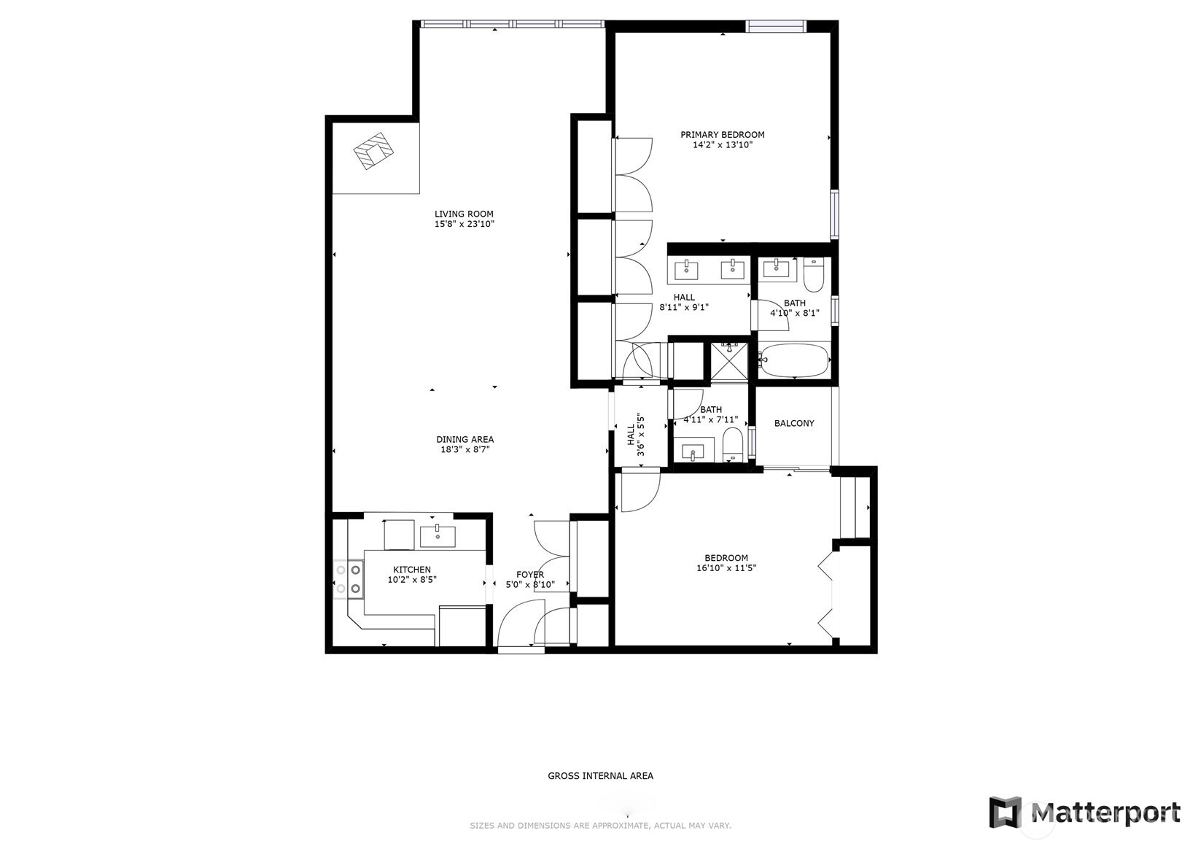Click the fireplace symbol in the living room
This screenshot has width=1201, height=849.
pos(373,151)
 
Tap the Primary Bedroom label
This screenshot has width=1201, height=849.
pos(722,135)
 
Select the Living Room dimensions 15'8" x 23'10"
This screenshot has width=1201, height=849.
pos(465,224)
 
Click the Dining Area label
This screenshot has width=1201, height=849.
pos(465,439)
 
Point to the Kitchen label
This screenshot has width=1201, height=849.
pos(412,569)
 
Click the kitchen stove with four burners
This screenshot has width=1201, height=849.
pos(348,578)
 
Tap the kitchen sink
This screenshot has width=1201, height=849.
pos(438,536)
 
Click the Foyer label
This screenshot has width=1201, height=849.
pos(529,575)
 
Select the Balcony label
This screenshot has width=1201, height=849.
pos(794,423)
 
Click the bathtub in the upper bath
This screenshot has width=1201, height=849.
pos(795,360)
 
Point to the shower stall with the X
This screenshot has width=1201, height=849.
pos(729,362)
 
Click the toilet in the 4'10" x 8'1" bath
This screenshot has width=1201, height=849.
pos(813,274)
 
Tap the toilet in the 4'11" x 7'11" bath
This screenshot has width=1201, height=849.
pos(732,445)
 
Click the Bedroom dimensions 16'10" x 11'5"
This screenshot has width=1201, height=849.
pos(726,568)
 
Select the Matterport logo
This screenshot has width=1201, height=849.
pos(1084,812)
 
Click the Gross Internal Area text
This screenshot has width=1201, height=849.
pos(601,775)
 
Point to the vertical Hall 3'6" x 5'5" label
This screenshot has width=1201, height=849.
pos(635,435)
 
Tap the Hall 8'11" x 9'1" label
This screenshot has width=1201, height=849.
pos(683,302)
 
